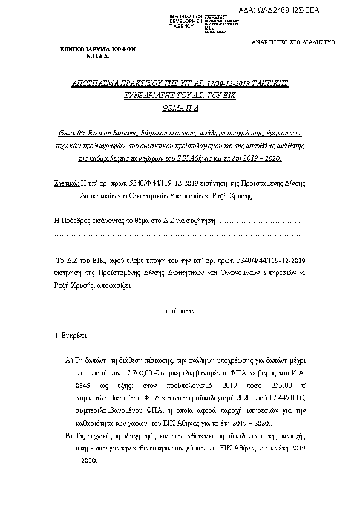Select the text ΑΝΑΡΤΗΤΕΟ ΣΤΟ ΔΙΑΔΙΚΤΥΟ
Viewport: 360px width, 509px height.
[x=292, y=42]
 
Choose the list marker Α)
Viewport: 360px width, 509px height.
[x=68, y=360]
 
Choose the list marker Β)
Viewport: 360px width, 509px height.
[x=68, y=436]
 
